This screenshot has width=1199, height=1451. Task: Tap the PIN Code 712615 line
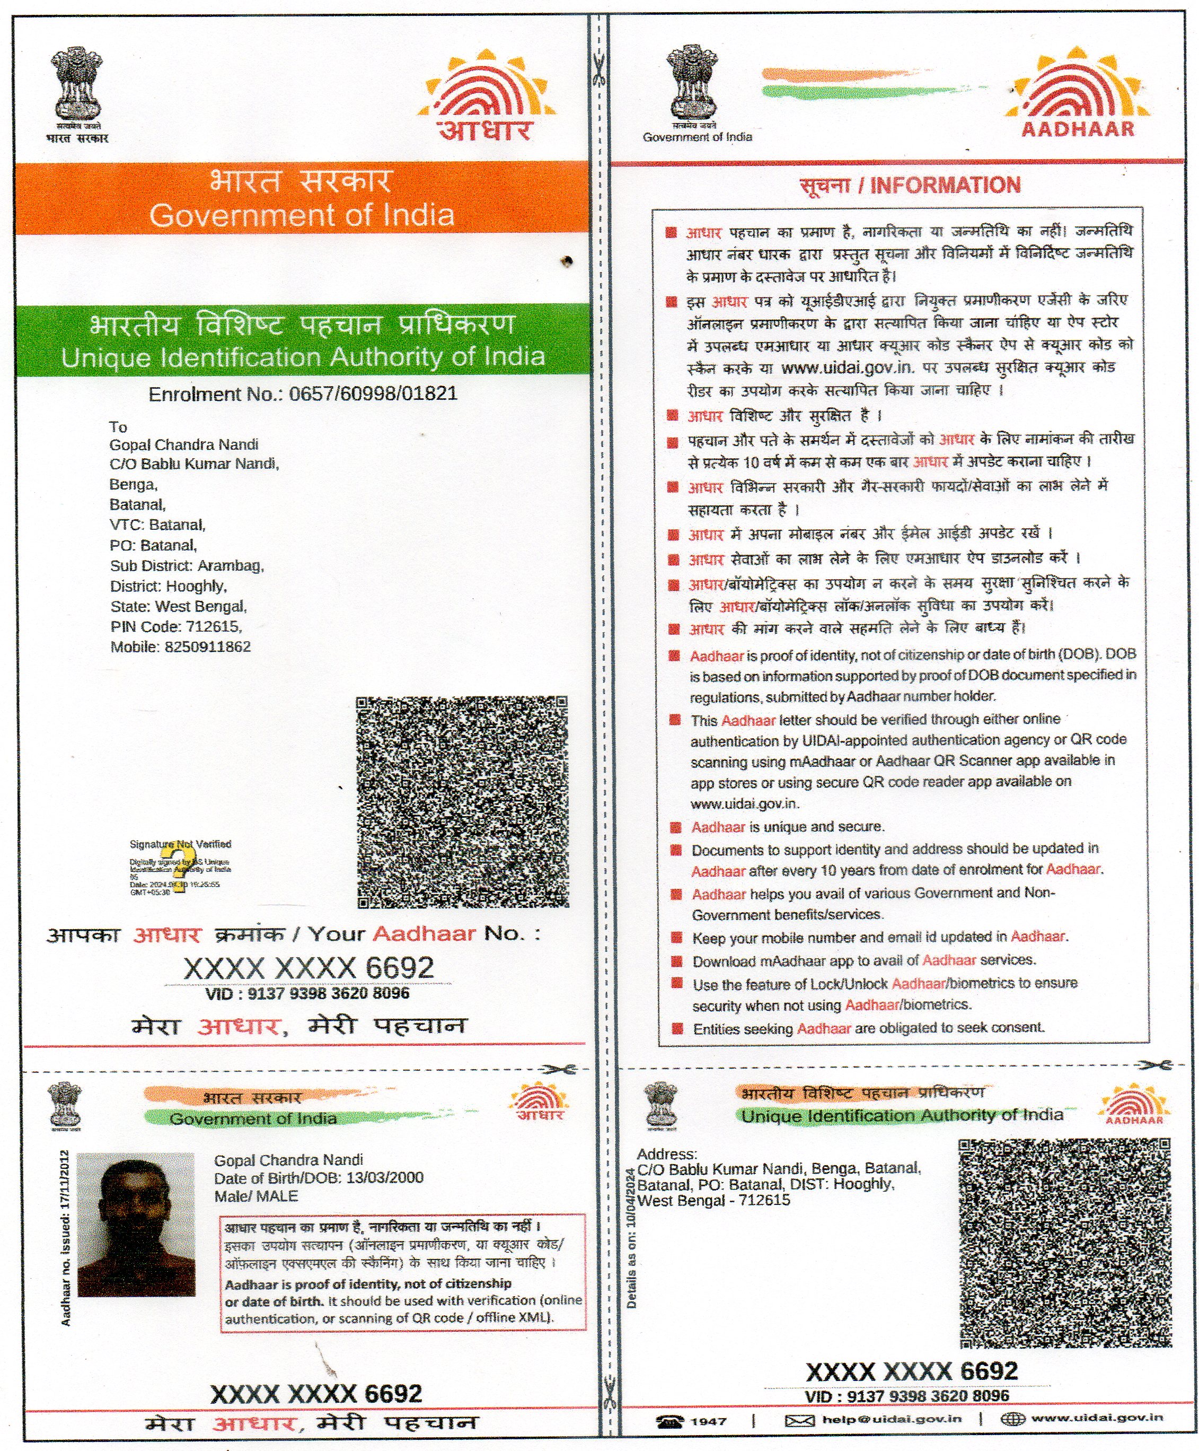pyautogui.click(x=176, y=627)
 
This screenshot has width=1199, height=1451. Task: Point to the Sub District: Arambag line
pyautogui.click(x=187, y=566)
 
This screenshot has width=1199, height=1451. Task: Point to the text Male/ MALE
pyautogui.click(x=255, y=1196)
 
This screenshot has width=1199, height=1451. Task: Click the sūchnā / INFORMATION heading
pyautogui.click(x=910, y=185)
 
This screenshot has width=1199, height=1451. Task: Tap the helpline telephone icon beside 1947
pyautogui.click(x=669, y=1421)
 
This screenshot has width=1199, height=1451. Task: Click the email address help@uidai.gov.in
pyautogui.click(x=892, y=1419)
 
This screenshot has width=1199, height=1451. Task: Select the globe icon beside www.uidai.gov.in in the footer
pyautogui.click(x=1012, y=1419)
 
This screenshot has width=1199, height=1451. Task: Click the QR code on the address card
pyautogui.click(x=1064, y=1243)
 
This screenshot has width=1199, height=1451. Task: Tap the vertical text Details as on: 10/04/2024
pyautogui.click(x=631, y=1237)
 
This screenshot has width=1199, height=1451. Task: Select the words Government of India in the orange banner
pyautogui.click(x=302, y=215)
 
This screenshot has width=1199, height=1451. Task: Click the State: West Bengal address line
pyautogui.click(x=178, y=607)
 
